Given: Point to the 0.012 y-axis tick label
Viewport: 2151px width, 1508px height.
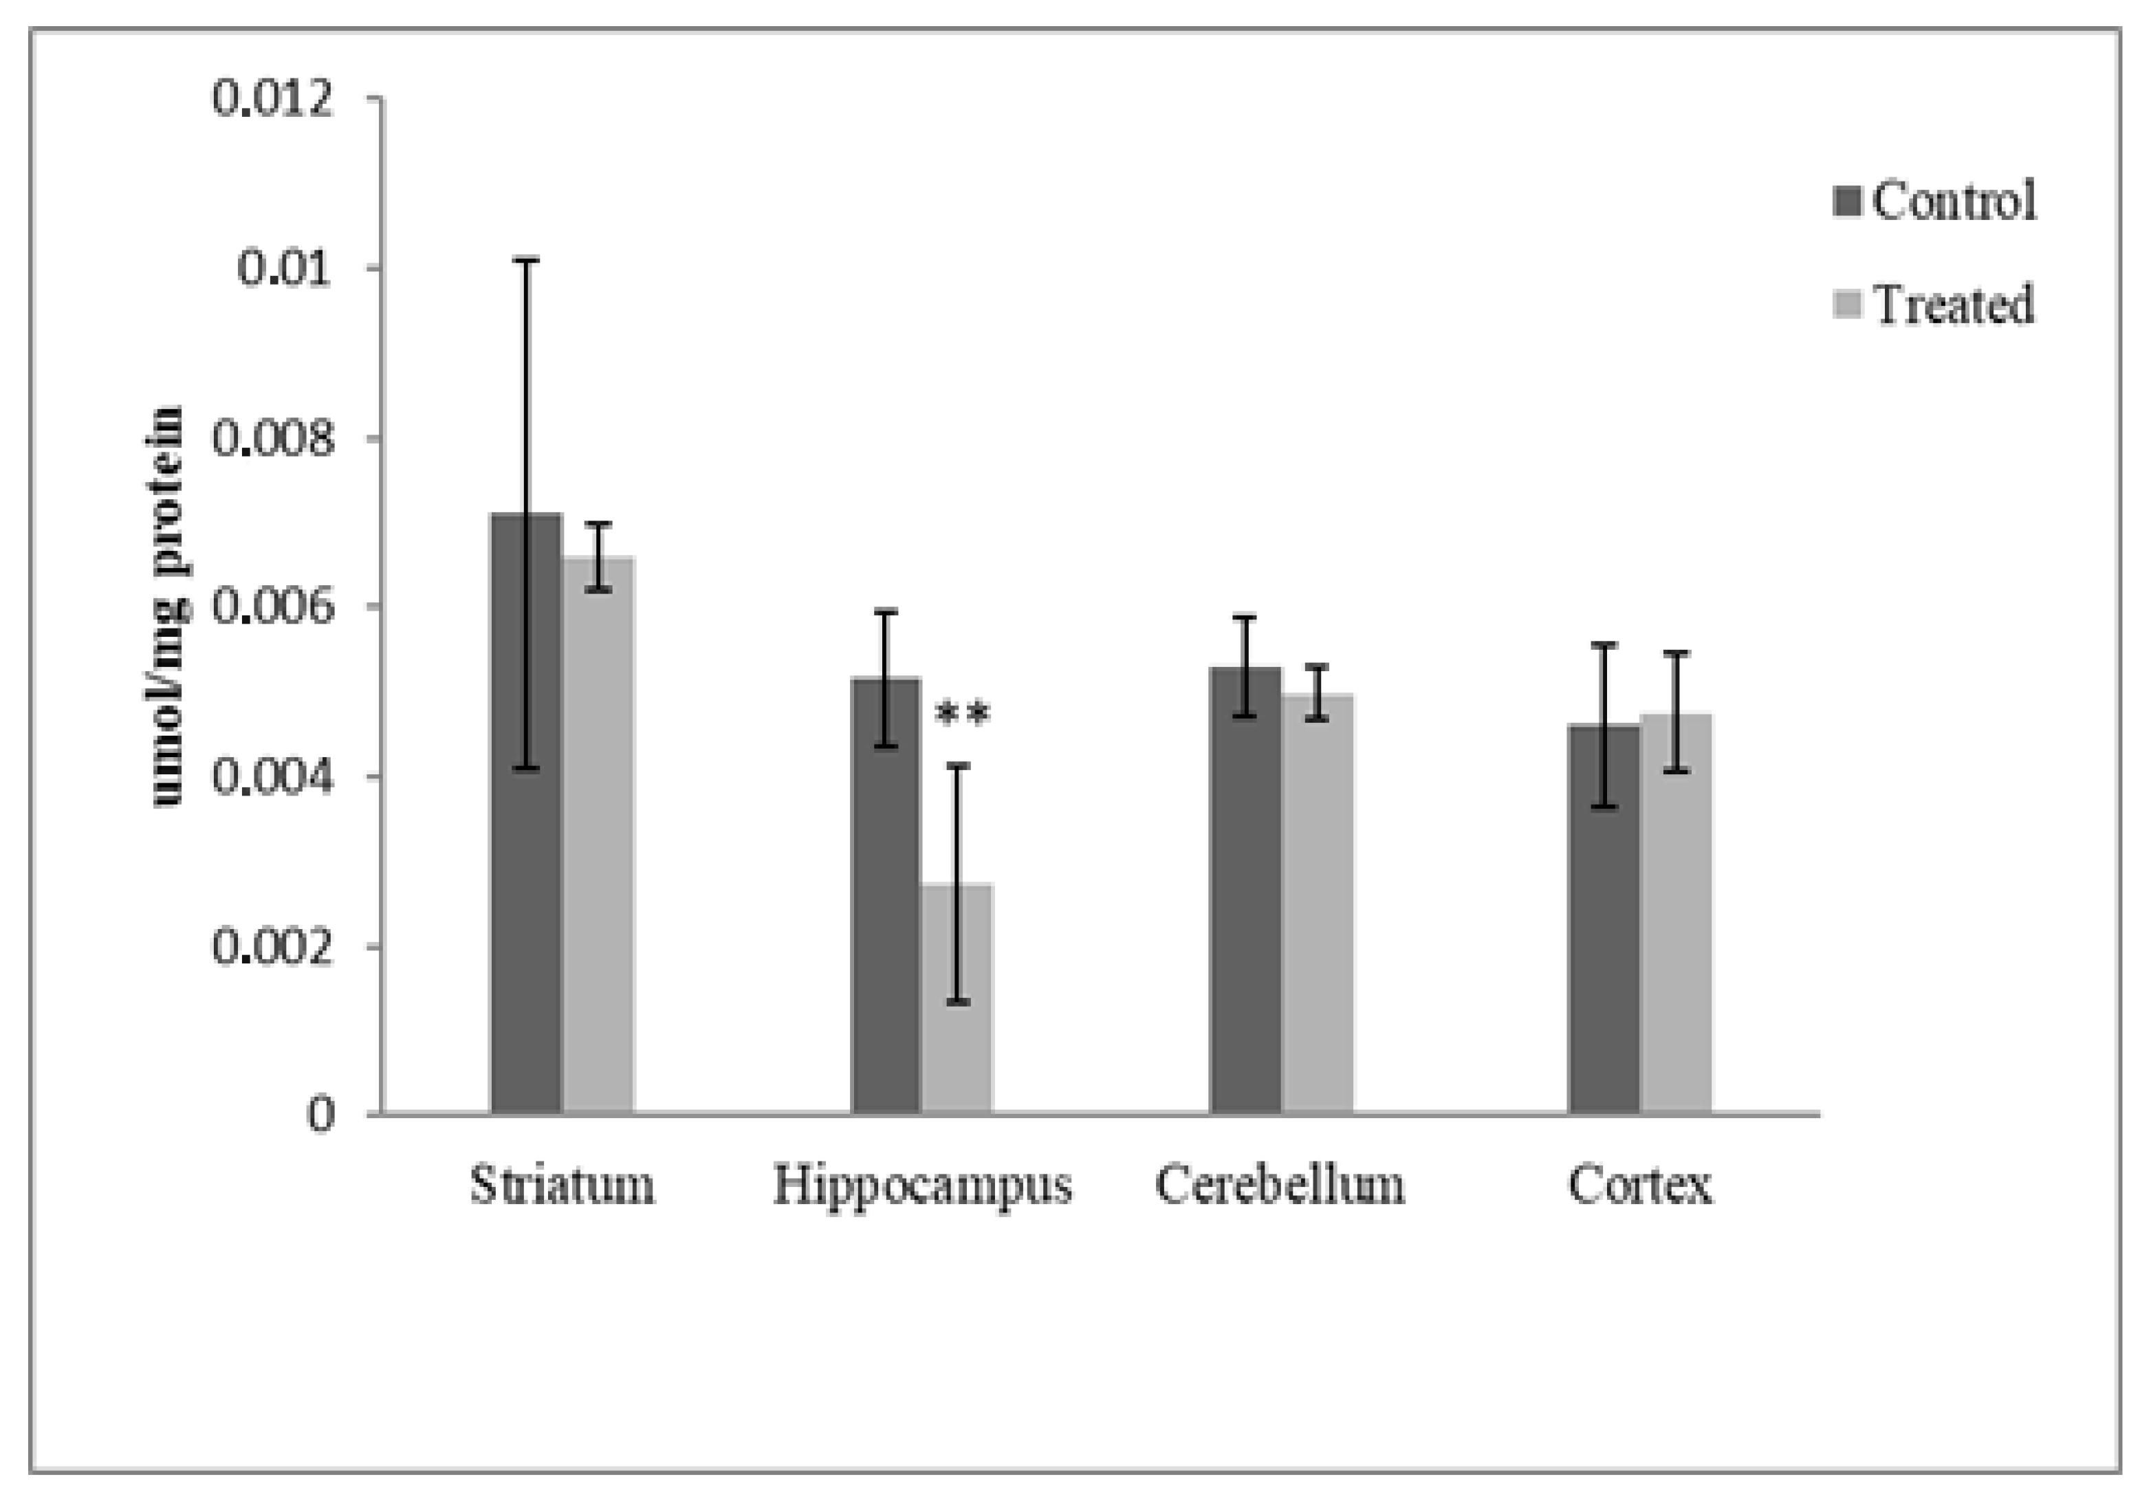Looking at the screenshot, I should pyautogui.click(x=272, y=98).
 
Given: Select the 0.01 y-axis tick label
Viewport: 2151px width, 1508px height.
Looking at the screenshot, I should pyautogui.click(x=285, y=268).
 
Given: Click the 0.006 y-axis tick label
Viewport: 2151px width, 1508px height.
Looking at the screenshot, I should pyautogui.click(x=272, y=607).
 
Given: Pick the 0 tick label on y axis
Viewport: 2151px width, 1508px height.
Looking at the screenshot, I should pyautogui.click(x=320, y=1115).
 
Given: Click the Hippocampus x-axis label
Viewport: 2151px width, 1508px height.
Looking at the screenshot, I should pyautogui.click(x=922, y=1185).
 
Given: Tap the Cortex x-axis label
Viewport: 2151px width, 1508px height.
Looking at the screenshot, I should pyautogui.click(x=1639, y=1185).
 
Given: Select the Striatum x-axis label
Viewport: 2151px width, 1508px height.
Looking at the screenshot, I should pyautogui.click(x=562, y=1185).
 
